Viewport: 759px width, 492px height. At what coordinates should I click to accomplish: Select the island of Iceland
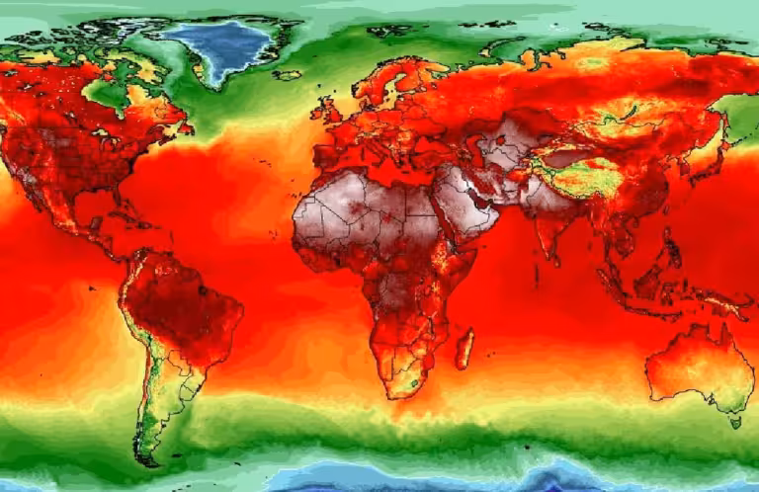coord(288,74)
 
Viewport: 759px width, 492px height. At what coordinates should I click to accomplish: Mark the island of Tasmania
coord(734,419)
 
